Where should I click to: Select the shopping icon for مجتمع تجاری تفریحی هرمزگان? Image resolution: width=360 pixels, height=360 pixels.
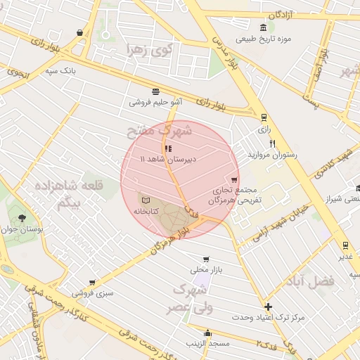coord(234,180)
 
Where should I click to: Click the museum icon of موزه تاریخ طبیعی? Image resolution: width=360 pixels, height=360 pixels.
coord(263,27)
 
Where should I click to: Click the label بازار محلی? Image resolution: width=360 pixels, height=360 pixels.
coord(206,270)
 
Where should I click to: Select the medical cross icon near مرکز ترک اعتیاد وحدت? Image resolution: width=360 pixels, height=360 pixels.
coord(268,307)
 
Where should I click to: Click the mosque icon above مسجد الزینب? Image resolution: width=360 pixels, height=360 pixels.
coord(207,333)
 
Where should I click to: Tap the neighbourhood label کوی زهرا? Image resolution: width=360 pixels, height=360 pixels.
coord(148,50)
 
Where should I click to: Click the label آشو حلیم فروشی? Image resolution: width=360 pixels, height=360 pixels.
coord(155,102)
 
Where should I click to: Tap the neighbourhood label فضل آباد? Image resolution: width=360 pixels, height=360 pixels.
coord(309,281)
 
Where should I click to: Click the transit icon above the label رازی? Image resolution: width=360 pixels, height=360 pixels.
coord(264,117)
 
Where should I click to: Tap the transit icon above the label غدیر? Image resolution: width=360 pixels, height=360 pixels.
coord(345,245)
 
